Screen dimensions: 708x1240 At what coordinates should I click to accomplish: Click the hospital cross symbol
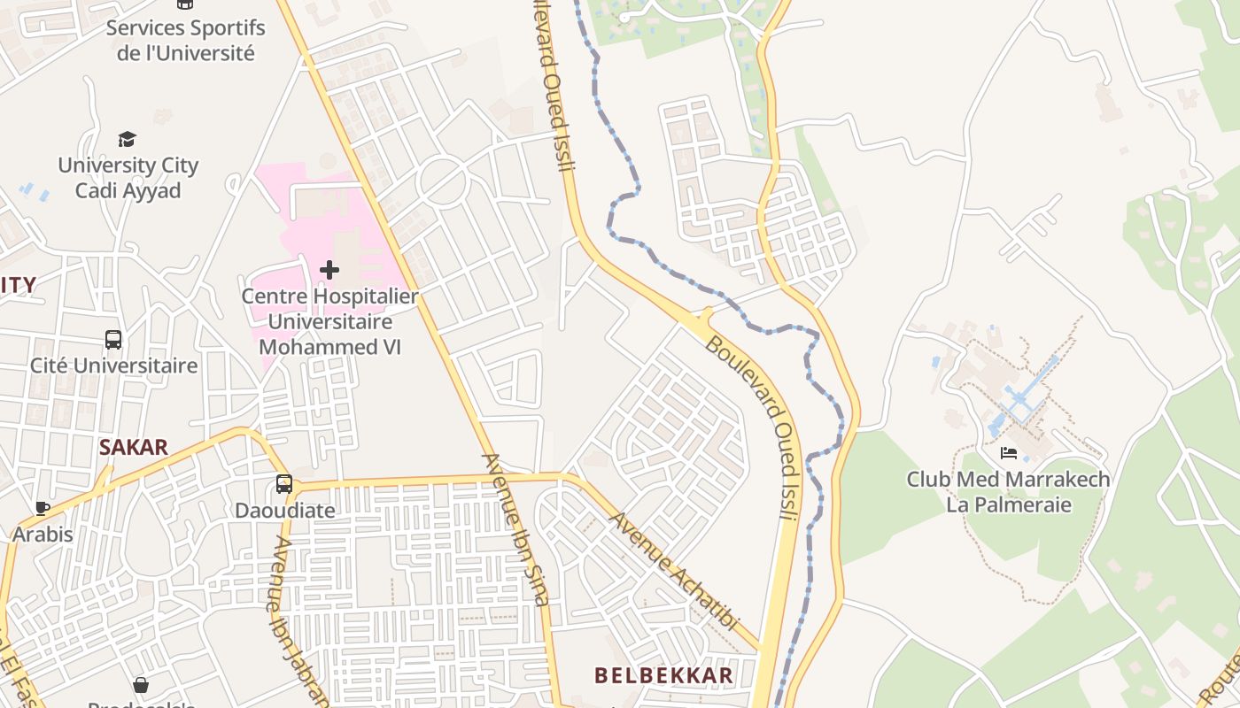tap(329, 269)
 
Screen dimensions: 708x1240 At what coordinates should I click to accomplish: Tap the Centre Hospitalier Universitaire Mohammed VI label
tap(329, 321)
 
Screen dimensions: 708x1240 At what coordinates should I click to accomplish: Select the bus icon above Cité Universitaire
tap(113, 339)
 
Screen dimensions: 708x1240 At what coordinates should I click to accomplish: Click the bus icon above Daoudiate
tap(283, 484)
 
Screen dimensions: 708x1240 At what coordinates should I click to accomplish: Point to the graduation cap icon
tap(128, 139)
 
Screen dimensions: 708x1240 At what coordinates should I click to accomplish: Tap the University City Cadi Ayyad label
tap(128, 178)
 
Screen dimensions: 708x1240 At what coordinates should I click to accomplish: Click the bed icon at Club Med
tap(1008, 453)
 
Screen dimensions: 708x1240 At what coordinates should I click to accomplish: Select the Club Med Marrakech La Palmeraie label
tap(1008, 492)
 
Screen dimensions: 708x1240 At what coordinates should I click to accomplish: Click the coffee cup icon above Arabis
tap(42, 508)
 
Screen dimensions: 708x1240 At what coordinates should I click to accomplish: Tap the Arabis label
tap(43, 534)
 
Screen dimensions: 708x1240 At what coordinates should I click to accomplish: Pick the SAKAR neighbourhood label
tap(134, 447)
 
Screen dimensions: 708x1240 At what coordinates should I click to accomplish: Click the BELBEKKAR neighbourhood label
tap(663, 676)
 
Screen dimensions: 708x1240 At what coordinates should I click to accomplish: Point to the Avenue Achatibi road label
tap(674, 571)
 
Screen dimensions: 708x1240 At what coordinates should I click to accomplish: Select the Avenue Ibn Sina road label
tap(515, 529)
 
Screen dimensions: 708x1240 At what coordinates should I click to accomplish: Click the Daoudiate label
tap(284, 511)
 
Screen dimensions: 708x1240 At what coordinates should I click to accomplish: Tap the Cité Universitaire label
tap(113, 366)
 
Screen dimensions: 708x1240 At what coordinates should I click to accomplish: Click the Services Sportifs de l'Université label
tap(185, 40)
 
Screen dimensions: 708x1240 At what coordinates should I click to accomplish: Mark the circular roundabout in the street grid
tap(442, 181)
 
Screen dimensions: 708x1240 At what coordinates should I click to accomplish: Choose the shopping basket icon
tap(141, 685)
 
